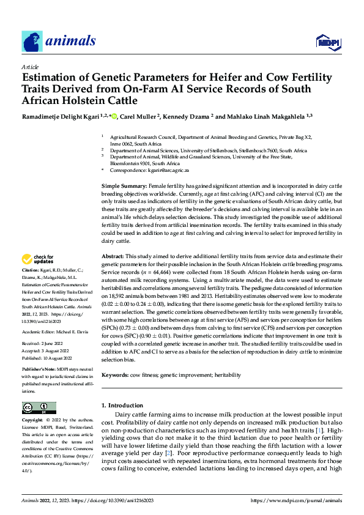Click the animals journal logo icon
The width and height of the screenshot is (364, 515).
[x=32, y=42]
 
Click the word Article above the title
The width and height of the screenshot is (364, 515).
[x=30, y=67]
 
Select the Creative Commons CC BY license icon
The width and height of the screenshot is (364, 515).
[x=39, y=407]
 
